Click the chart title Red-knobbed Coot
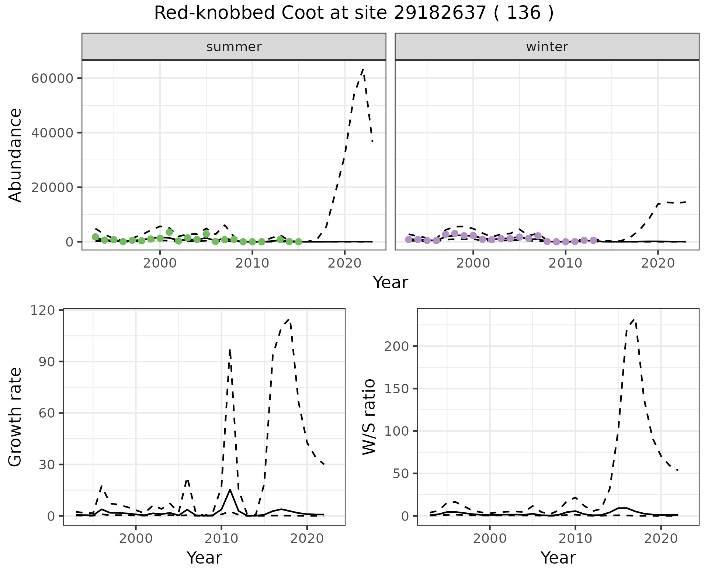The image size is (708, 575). click(354, 13)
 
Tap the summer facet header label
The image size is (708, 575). click(234, 47)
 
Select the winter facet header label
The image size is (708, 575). click(547, 47)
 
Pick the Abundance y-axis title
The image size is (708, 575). click(15, 155)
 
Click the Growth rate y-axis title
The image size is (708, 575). click(15, 417)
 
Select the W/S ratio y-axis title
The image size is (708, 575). click(369, 417)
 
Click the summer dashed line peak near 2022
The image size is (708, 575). click(363, 69)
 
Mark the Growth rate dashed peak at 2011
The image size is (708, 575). click(230, 349)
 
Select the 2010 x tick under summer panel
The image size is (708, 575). click(252, 264)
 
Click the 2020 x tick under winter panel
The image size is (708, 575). click(658, 264)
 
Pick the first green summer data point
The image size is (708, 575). click(95, 237)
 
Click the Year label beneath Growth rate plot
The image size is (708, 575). click(204, 558)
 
